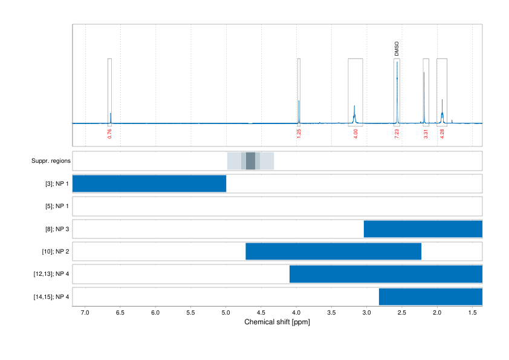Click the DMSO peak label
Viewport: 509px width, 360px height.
[x=397, y=49]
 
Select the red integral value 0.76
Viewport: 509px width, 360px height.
[x=109, y=134]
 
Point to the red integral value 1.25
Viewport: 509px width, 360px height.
[x=299, y=134]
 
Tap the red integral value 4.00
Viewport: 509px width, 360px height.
[x=355, y=134]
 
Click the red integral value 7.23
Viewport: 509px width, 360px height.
[x=397, y=134]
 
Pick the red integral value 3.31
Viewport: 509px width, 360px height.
[x=426, y=134]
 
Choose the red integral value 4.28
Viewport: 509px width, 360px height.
[x=442, y=134]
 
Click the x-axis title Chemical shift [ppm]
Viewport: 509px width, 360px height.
[x=277, y=322]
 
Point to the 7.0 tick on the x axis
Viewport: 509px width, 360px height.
[x=85, y=313]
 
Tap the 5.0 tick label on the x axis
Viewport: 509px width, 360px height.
[x=226, y=313]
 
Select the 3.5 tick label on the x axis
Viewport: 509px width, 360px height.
[x=331, y=313]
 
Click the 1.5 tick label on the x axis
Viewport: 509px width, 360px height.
[x=472, y=313]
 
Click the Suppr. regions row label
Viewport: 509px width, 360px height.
[x=51, y=161]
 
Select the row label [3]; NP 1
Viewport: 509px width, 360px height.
[x=54, y=183]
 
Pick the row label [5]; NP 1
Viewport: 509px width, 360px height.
[x=54, y=206]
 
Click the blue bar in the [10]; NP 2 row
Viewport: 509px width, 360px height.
[x=333, y=251]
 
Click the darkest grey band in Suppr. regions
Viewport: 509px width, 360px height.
[x=250, y=161]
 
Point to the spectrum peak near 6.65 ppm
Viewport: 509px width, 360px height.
[x=110, y=117]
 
